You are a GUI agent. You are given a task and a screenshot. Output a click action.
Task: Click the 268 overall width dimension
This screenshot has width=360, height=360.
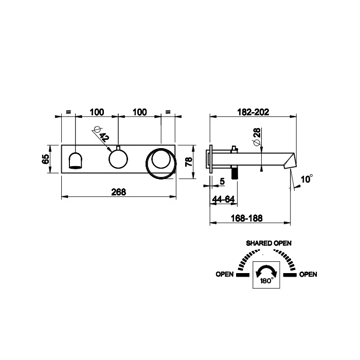click(x=119, y=192)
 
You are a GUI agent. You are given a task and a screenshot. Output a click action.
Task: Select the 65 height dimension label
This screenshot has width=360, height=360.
click(x=45, y=159)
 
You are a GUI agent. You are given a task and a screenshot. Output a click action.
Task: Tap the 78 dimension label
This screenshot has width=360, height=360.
click(x=189, y=162)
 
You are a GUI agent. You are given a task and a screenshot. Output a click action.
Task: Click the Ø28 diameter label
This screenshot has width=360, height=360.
click(x=257, y=136)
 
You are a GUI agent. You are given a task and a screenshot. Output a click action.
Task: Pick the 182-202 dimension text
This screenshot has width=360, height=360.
click(x=253, y=112)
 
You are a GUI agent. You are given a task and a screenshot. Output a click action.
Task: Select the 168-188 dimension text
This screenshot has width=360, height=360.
click(x=247, y=218)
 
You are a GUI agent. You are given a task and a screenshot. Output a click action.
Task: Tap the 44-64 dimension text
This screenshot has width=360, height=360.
click(x=223, y=199)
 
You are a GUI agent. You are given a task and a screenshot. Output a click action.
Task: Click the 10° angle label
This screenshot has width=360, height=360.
click(x=307, y=178)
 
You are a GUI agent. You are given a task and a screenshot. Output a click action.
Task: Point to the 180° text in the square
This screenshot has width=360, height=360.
click(x=266, y=281)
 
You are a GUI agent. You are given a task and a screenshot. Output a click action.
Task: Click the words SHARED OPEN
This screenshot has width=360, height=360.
click(x=268, y=243)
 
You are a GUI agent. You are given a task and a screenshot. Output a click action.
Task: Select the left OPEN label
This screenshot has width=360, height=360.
click(x=225, y=274)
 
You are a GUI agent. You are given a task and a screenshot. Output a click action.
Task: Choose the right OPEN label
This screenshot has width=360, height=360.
click(x=308, y=274)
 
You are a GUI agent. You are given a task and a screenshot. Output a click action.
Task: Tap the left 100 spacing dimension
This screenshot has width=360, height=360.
click(x=97, y=112)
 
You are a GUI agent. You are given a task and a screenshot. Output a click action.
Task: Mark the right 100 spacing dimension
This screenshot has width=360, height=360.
click(x=140, y=112)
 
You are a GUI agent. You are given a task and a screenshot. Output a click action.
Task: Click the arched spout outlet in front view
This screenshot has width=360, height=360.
click(x=76, y=160)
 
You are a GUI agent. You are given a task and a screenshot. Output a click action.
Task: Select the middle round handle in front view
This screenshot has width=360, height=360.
click(x=118, y=159)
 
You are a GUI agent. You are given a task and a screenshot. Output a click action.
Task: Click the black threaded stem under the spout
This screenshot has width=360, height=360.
click(x=234, y=173)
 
